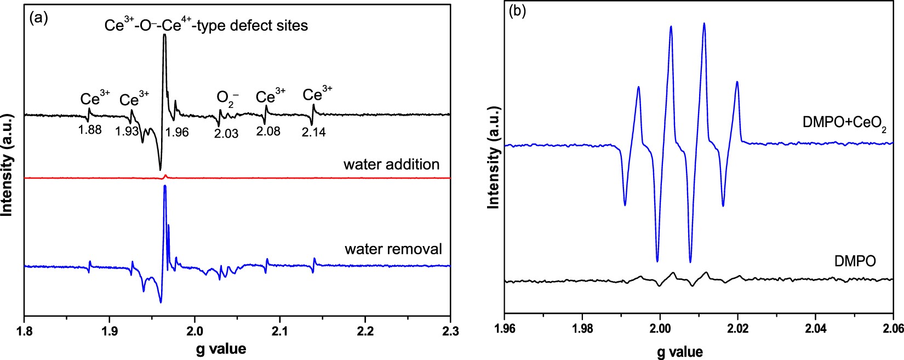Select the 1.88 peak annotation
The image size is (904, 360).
click(90, 130)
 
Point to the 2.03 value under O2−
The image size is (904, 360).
click(226, 133)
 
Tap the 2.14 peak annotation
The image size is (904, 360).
click(313, 132)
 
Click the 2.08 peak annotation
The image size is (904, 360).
click(268, 132)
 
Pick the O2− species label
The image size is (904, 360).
click(227, 99)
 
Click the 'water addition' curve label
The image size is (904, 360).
click(391, 164)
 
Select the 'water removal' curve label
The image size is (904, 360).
click(393, 249)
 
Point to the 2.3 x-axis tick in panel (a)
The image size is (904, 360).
click(450, 331)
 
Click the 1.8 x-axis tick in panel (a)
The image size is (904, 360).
click(24, 331)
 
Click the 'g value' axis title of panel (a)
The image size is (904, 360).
click(221, 349)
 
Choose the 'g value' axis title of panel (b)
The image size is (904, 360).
click(679, 351)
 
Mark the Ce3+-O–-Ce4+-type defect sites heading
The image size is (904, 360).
click(206, 25)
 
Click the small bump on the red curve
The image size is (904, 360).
click(165, 176)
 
